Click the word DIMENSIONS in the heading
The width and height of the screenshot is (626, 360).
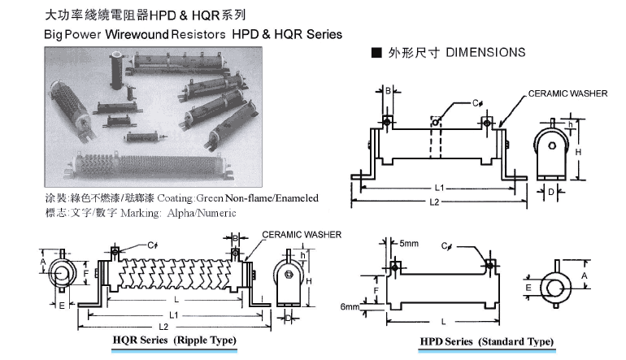(x=485, y=53)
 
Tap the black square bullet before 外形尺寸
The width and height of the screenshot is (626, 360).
(x=376, y=53)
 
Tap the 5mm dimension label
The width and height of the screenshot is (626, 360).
(x=409, y=243)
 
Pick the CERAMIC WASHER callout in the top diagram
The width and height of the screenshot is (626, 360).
(x=567, y=93)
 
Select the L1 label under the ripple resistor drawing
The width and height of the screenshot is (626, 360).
(x=174, y=314)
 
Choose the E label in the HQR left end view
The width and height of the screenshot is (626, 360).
(x=61, y=306)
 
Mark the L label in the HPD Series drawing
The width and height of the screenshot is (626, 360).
(x=442, y=322)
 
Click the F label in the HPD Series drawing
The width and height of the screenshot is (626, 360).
(x=376, y=288)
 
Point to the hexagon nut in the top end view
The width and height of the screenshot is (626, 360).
(x=551, y=145)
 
